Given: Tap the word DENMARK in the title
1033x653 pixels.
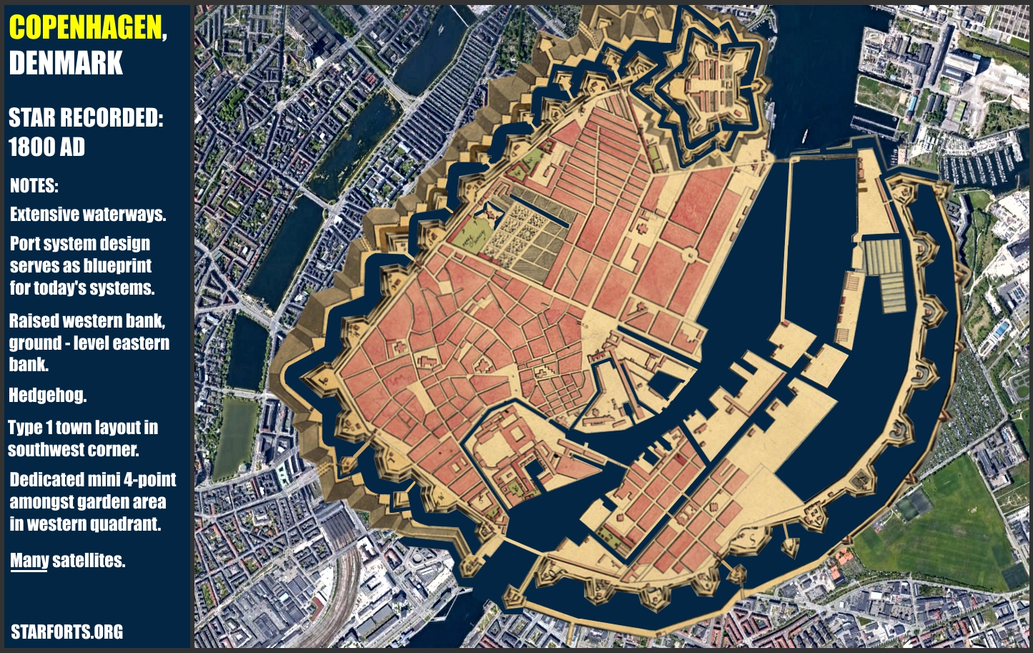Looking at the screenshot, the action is pyautogui.click(x=66, y=63).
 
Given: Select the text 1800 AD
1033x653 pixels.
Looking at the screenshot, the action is pyautogui.click(x=46, y=147).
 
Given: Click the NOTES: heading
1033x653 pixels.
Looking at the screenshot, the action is pyautogui.click(x=34, y=186).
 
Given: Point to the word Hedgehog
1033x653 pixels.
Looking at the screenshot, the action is pyautogui.click(x=47, y=395).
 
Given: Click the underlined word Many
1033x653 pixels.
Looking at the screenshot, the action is pyautogui.click(x=29, y=560).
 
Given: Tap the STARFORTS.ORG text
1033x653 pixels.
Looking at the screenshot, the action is pyautogui.click(x=66, y=632).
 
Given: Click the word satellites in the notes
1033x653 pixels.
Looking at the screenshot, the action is pyautogui.click(x=89, y=560).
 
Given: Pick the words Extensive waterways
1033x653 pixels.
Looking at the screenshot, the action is pyautogui.click(x=88, y=215).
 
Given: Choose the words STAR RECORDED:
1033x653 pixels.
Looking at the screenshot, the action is pyautogui.click(x=86, y=118).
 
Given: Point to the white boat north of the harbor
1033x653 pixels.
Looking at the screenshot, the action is pyautogui.click(x=805, y=136).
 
